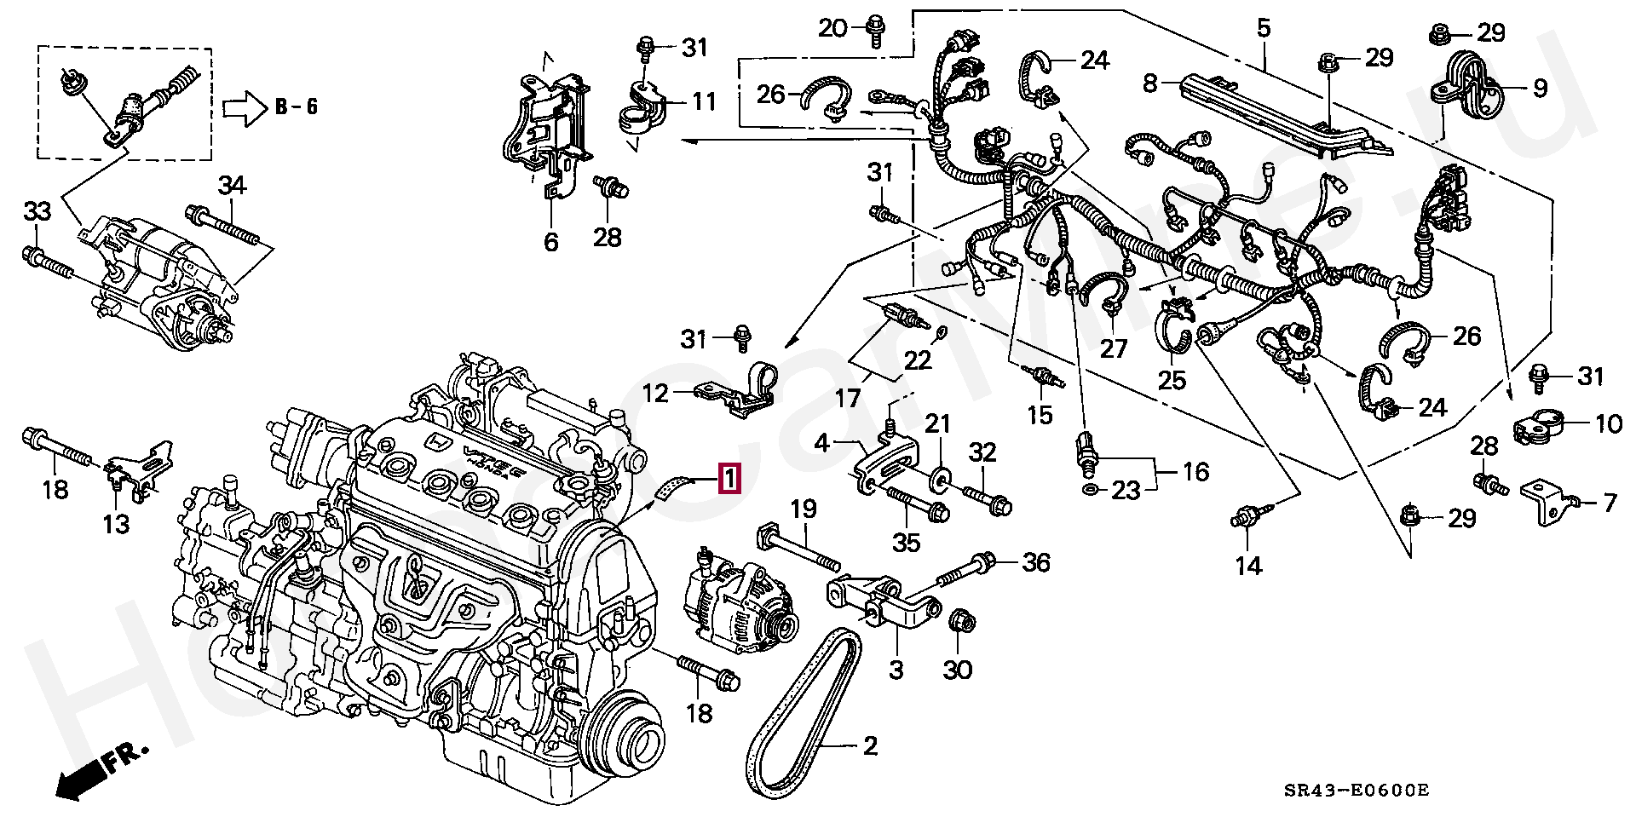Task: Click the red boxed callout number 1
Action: coord(731,479)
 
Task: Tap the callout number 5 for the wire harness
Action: coord(1264,28)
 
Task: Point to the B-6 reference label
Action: coord(297,107)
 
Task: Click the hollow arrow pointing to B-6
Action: coord(245,109)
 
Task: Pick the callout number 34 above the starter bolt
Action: coord(232,185)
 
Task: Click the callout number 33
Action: coord(37,210)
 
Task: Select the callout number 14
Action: coord(1248,565)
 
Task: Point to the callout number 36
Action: coord(1036,562)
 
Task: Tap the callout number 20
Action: coord(832,28)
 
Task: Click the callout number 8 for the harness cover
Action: coord(1150,83)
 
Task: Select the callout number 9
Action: coord(1540,89)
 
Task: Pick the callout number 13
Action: coord(117,523)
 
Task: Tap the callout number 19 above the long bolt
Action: coord(803,509)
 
